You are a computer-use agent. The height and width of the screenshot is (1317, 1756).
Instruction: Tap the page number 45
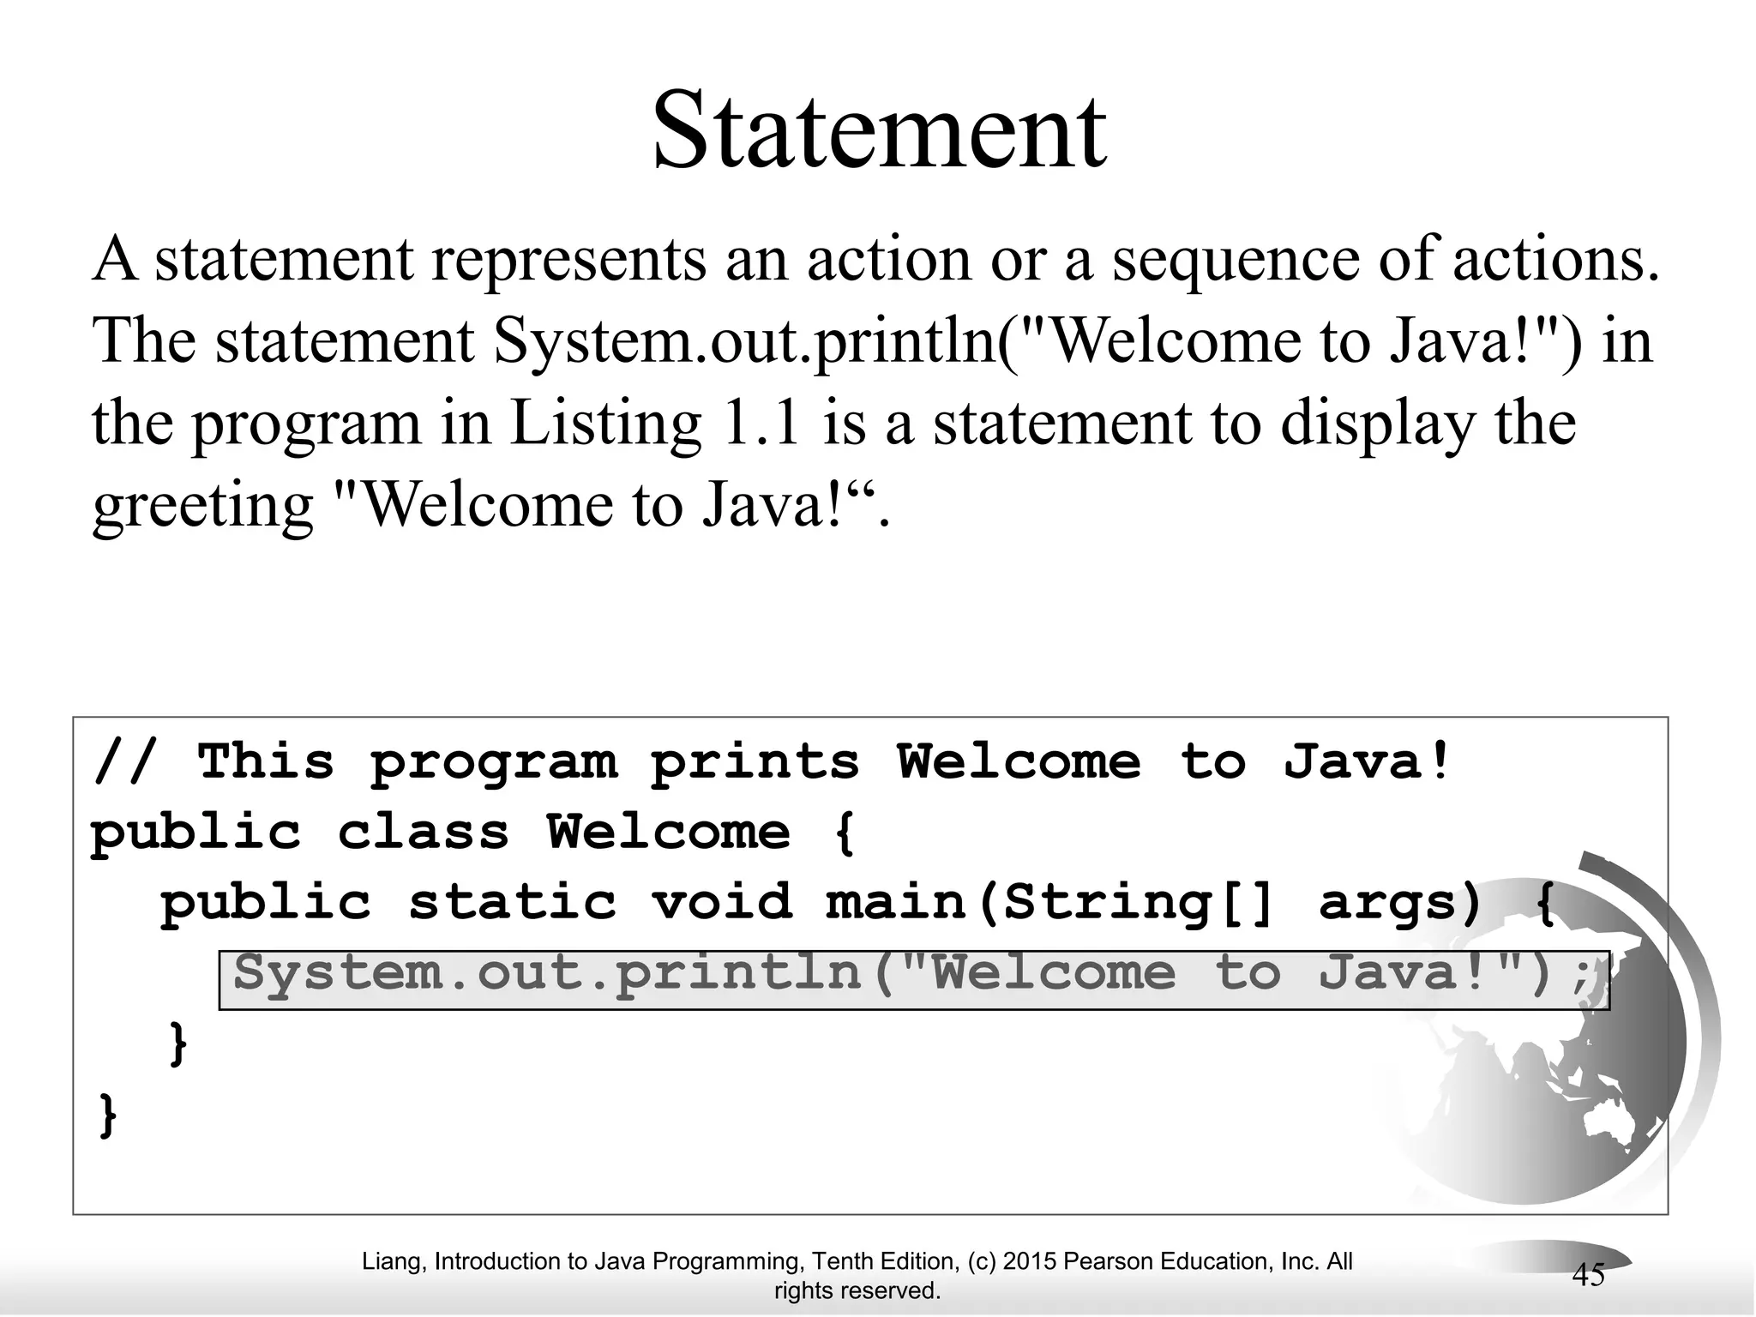click(x=1588, y=1276)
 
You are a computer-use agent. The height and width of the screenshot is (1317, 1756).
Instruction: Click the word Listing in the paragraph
click(x=605, y=424)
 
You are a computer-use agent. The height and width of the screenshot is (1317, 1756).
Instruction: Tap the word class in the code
click(x=424, y=832)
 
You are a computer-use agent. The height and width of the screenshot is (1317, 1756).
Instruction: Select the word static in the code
click(x=512, y=902)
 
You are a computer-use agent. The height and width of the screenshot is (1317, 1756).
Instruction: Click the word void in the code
click(x=721, y=902)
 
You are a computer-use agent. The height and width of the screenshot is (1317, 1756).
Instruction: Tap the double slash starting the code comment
click(x=125, y=761)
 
